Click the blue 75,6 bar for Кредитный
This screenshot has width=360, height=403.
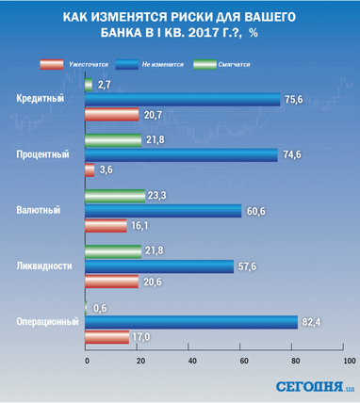pyautogui.click(x=183, y=100)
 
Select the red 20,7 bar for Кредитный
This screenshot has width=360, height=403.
pyautogui.click(x=112, y=115)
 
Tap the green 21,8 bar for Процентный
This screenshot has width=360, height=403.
pyautogui.click(x=113, y=139)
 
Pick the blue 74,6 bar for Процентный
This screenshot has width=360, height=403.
pyautogui.click(x=181, y=155)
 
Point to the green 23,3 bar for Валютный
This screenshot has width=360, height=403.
pyautogui.click(x=115, y=196)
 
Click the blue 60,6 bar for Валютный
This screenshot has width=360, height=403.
pyautogui.click(x=163, y=211)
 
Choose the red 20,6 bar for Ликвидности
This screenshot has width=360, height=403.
pyautogui.click(x=111, y=282)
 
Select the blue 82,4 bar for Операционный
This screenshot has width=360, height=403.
pyautogui.click(x=191, y=322)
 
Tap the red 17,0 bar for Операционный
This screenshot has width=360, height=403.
pyautogui.click(x=106, y=337)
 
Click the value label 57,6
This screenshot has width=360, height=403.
pyautogui.click(x=247, y=266)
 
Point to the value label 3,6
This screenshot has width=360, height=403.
pyautogui.click(x=106, y=170)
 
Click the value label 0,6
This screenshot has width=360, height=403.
pyautogui.click(x=100, y=307)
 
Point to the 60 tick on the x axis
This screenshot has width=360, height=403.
pyautogui.click(x=244, y=361)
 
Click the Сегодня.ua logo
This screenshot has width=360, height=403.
pyautogui.click(x=315, y=386)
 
